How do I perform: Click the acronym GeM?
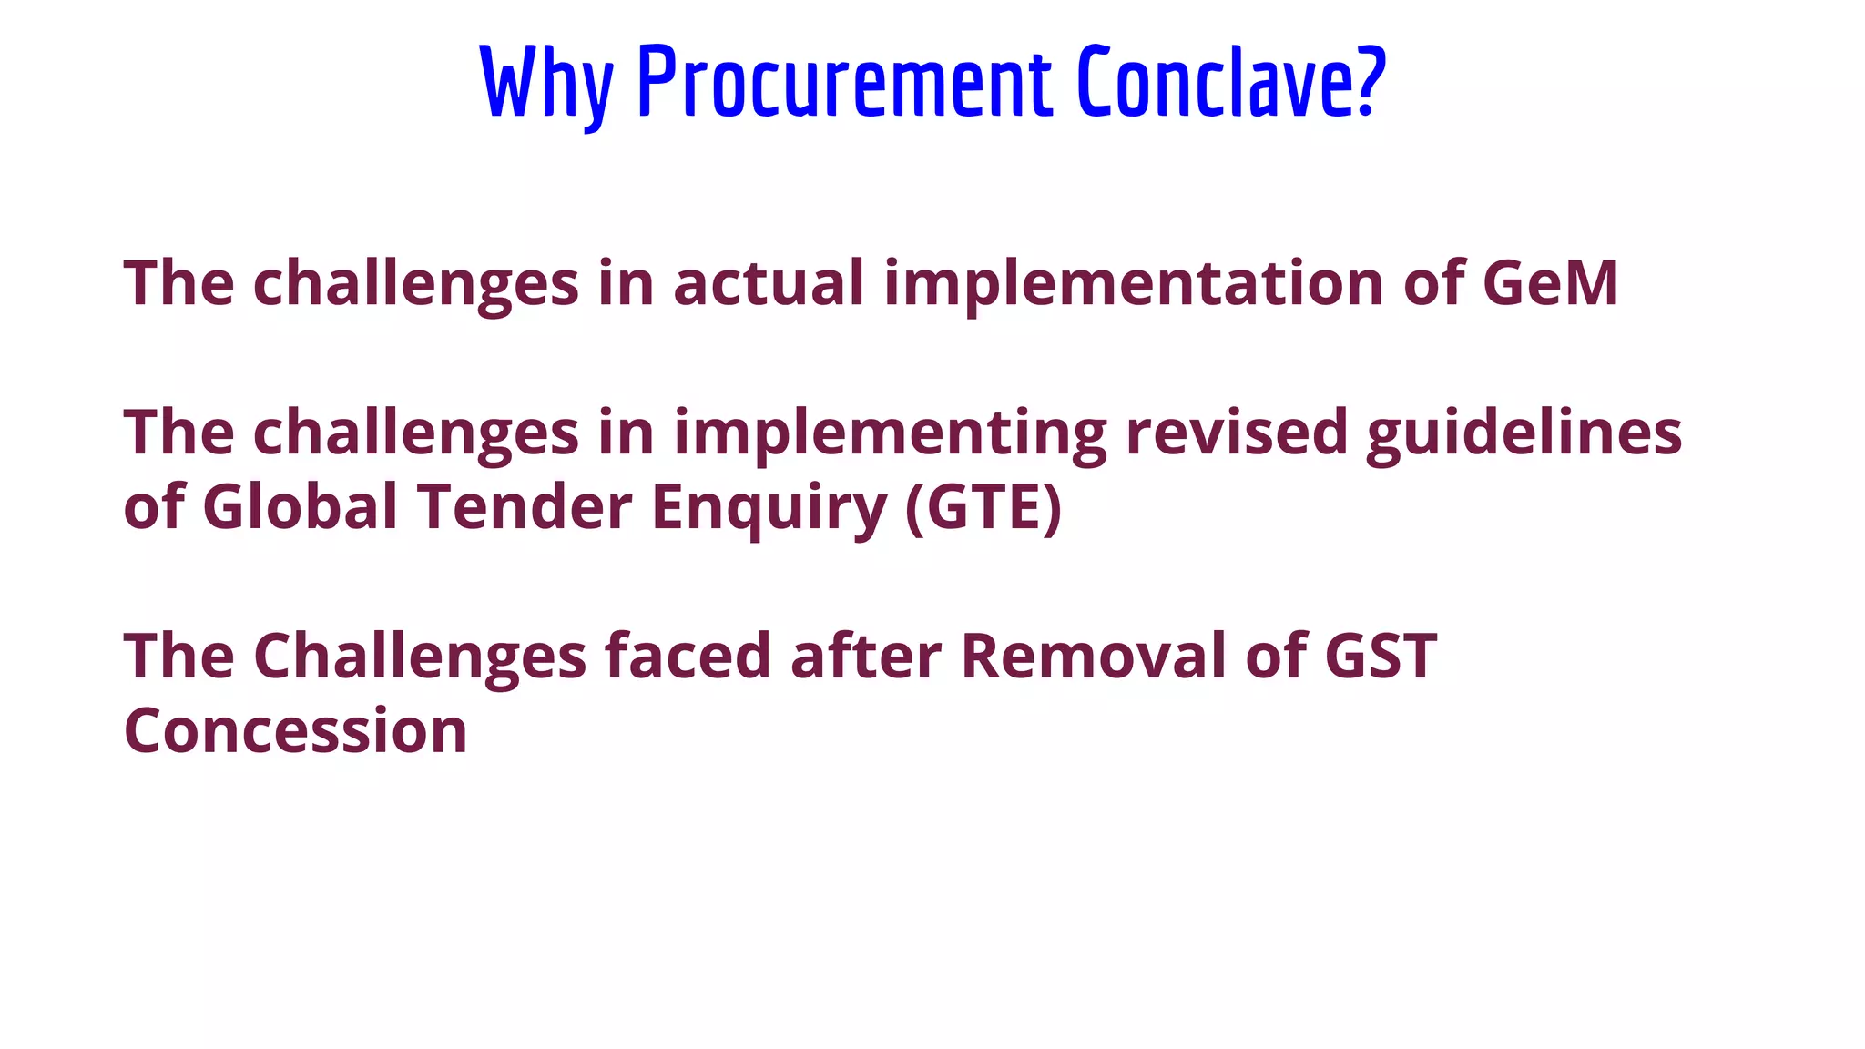[x=1550, y=283]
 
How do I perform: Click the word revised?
[x=1236, y=433]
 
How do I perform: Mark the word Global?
[x=300, y=506]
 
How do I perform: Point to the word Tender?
[x=525, y=506]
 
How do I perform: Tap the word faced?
[x=688, y=656]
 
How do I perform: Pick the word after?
[x=865, y=656]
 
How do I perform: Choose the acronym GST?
[x=1381, y=656]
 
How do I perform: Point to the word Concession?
[x=295, y=731]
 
